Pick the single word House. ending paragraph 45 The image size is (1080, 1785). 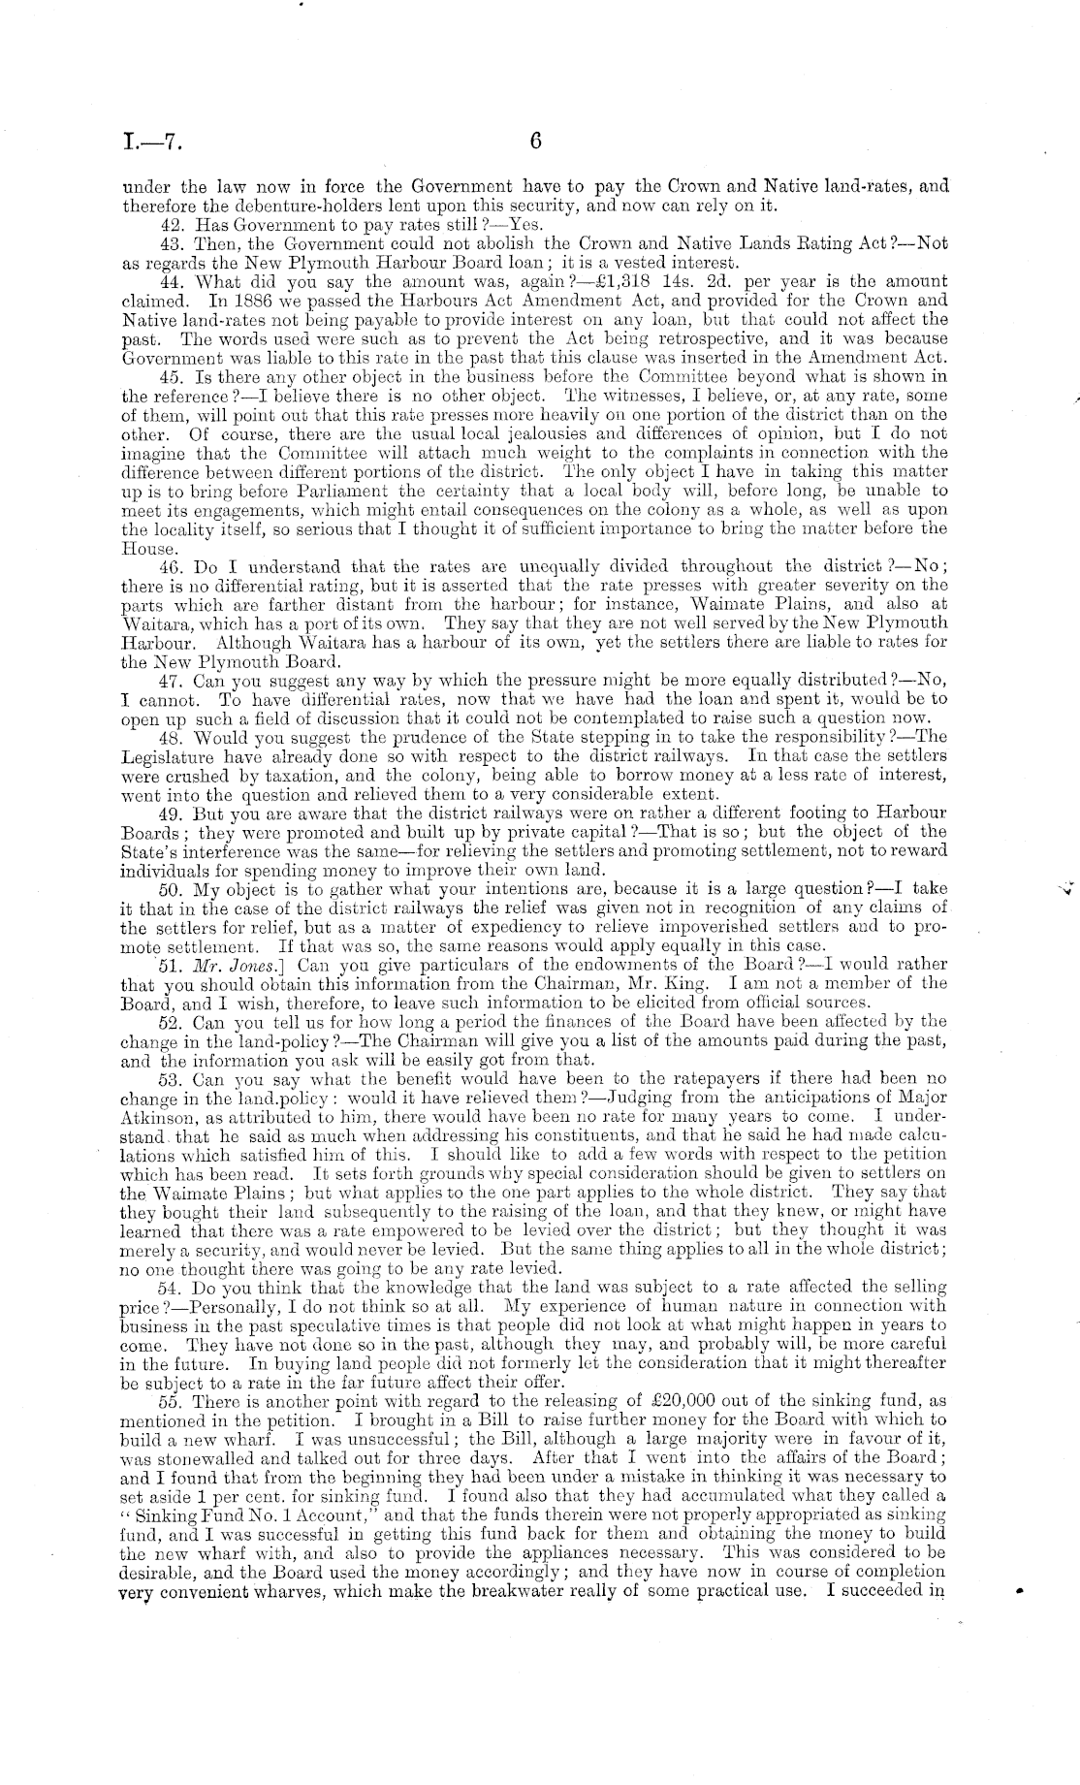(x=146, y=546)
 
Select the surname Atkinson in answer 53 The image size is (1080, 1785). (x=156, y=1116)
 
